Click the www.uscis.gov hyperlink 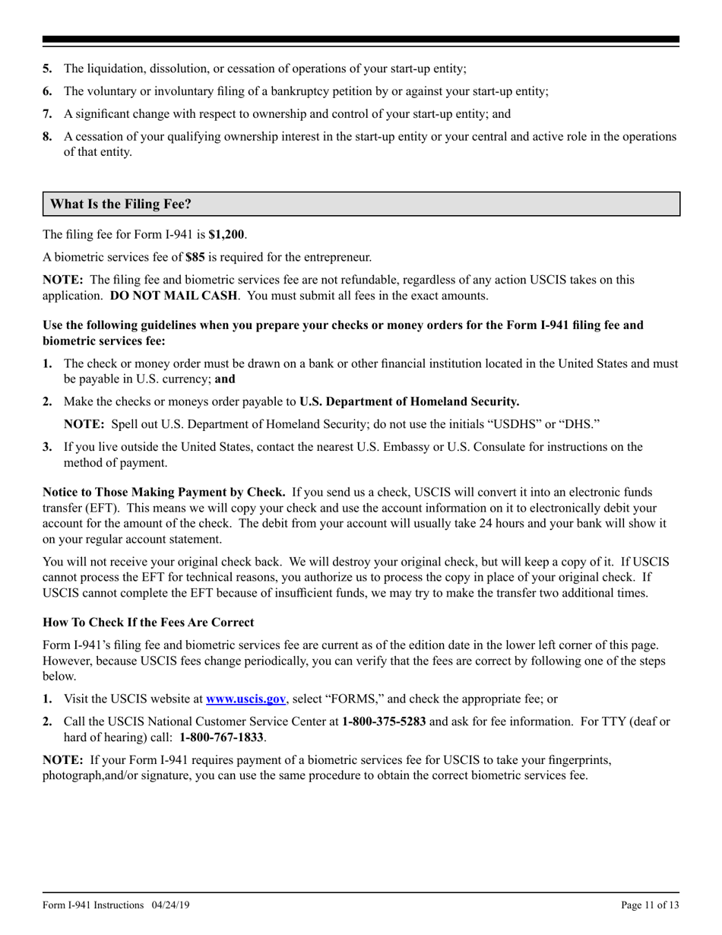click(245, 699)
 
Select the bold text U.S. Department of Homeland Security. click(410, 401)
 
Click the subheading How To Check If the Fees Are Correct click(148, 623)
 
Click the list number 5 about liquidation click(47, 68)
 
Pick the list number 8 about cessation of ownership click(47, 137)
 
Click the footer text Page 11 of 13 click(650, 905)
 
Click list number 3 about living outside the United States click(47, 447)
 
